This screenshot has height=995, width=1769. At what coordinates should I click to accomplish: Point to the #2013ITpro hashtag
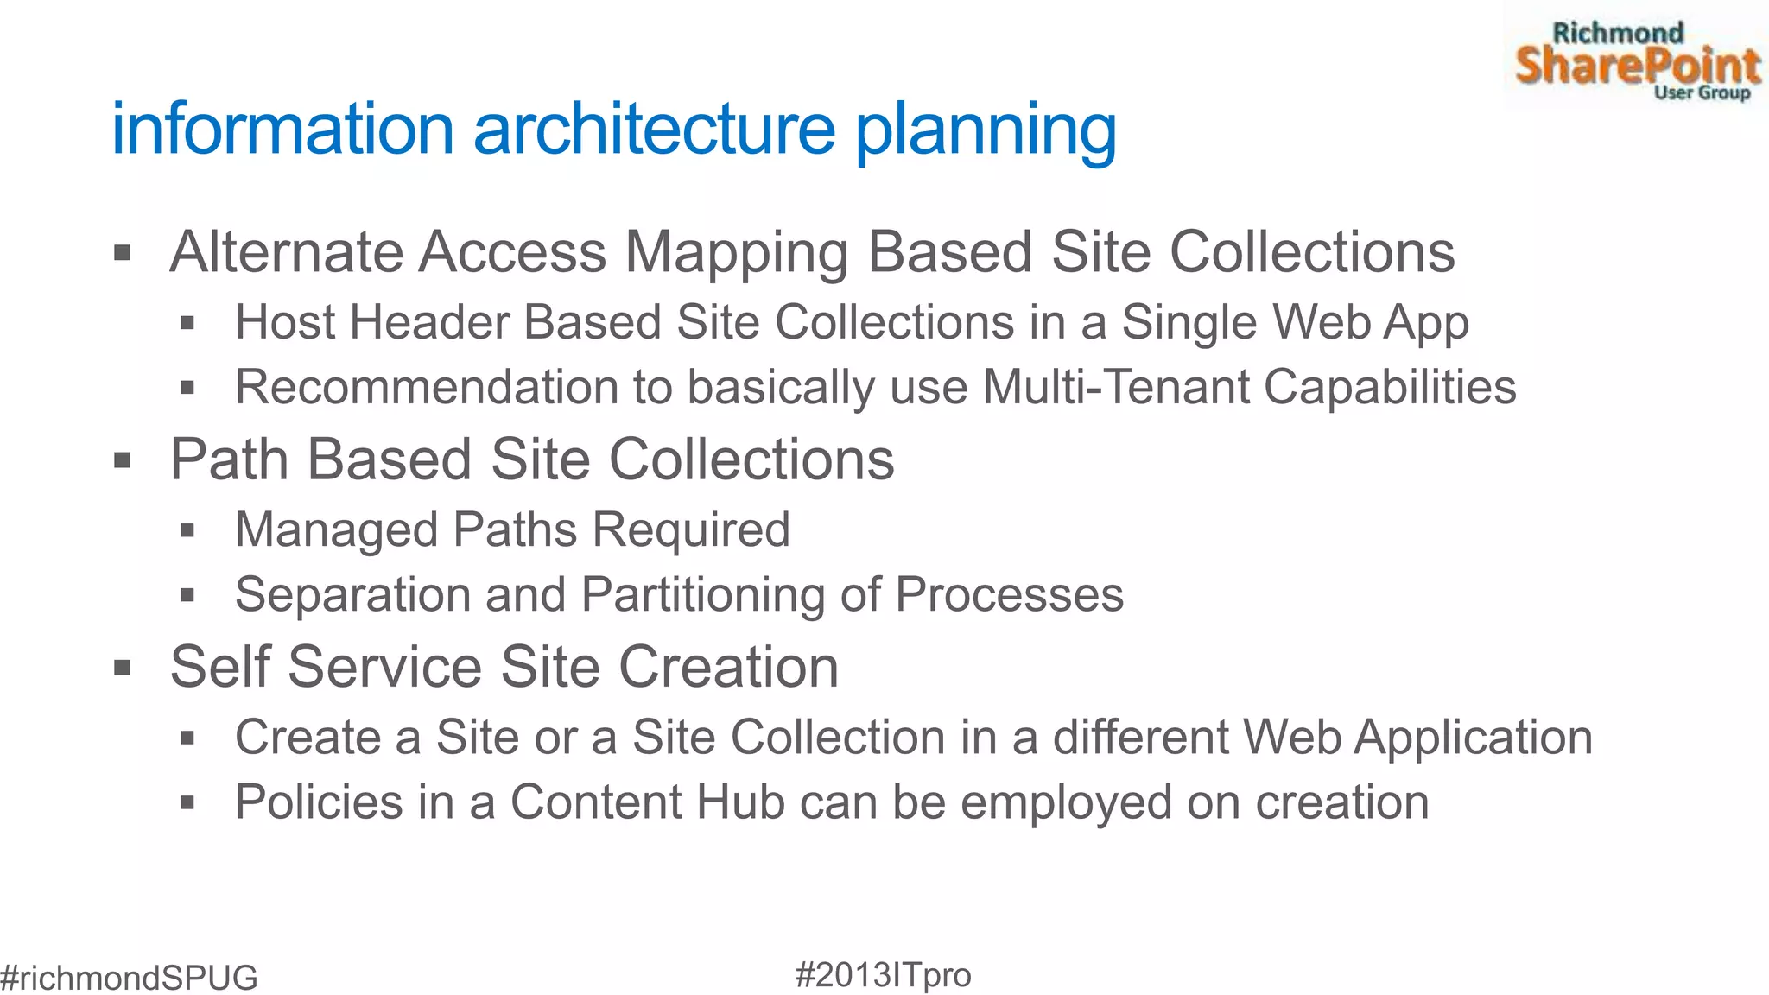coord(883,974)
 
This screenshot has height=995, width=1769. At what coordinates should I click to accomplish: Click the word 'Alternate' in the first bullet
coord(286,252)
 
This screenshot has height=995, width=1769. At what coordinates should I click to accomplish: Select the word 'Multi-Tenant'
coord(1116,387)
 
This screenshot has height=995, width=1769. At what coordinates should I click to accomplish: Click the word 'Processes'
coord(1009,595)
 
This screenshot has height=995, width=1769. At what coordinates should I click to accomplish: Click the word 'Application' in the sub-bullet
coord(1473,738)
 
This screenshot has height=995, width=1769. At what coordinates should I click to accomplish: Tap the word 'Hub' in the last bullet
coord(739,802)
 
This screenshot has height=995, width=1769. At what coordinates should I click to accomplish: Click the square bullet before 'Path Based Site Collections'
coord(123,460)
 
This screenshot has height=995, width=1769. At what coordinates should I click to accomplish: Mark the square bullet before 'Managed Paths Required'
coord(187,530)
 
